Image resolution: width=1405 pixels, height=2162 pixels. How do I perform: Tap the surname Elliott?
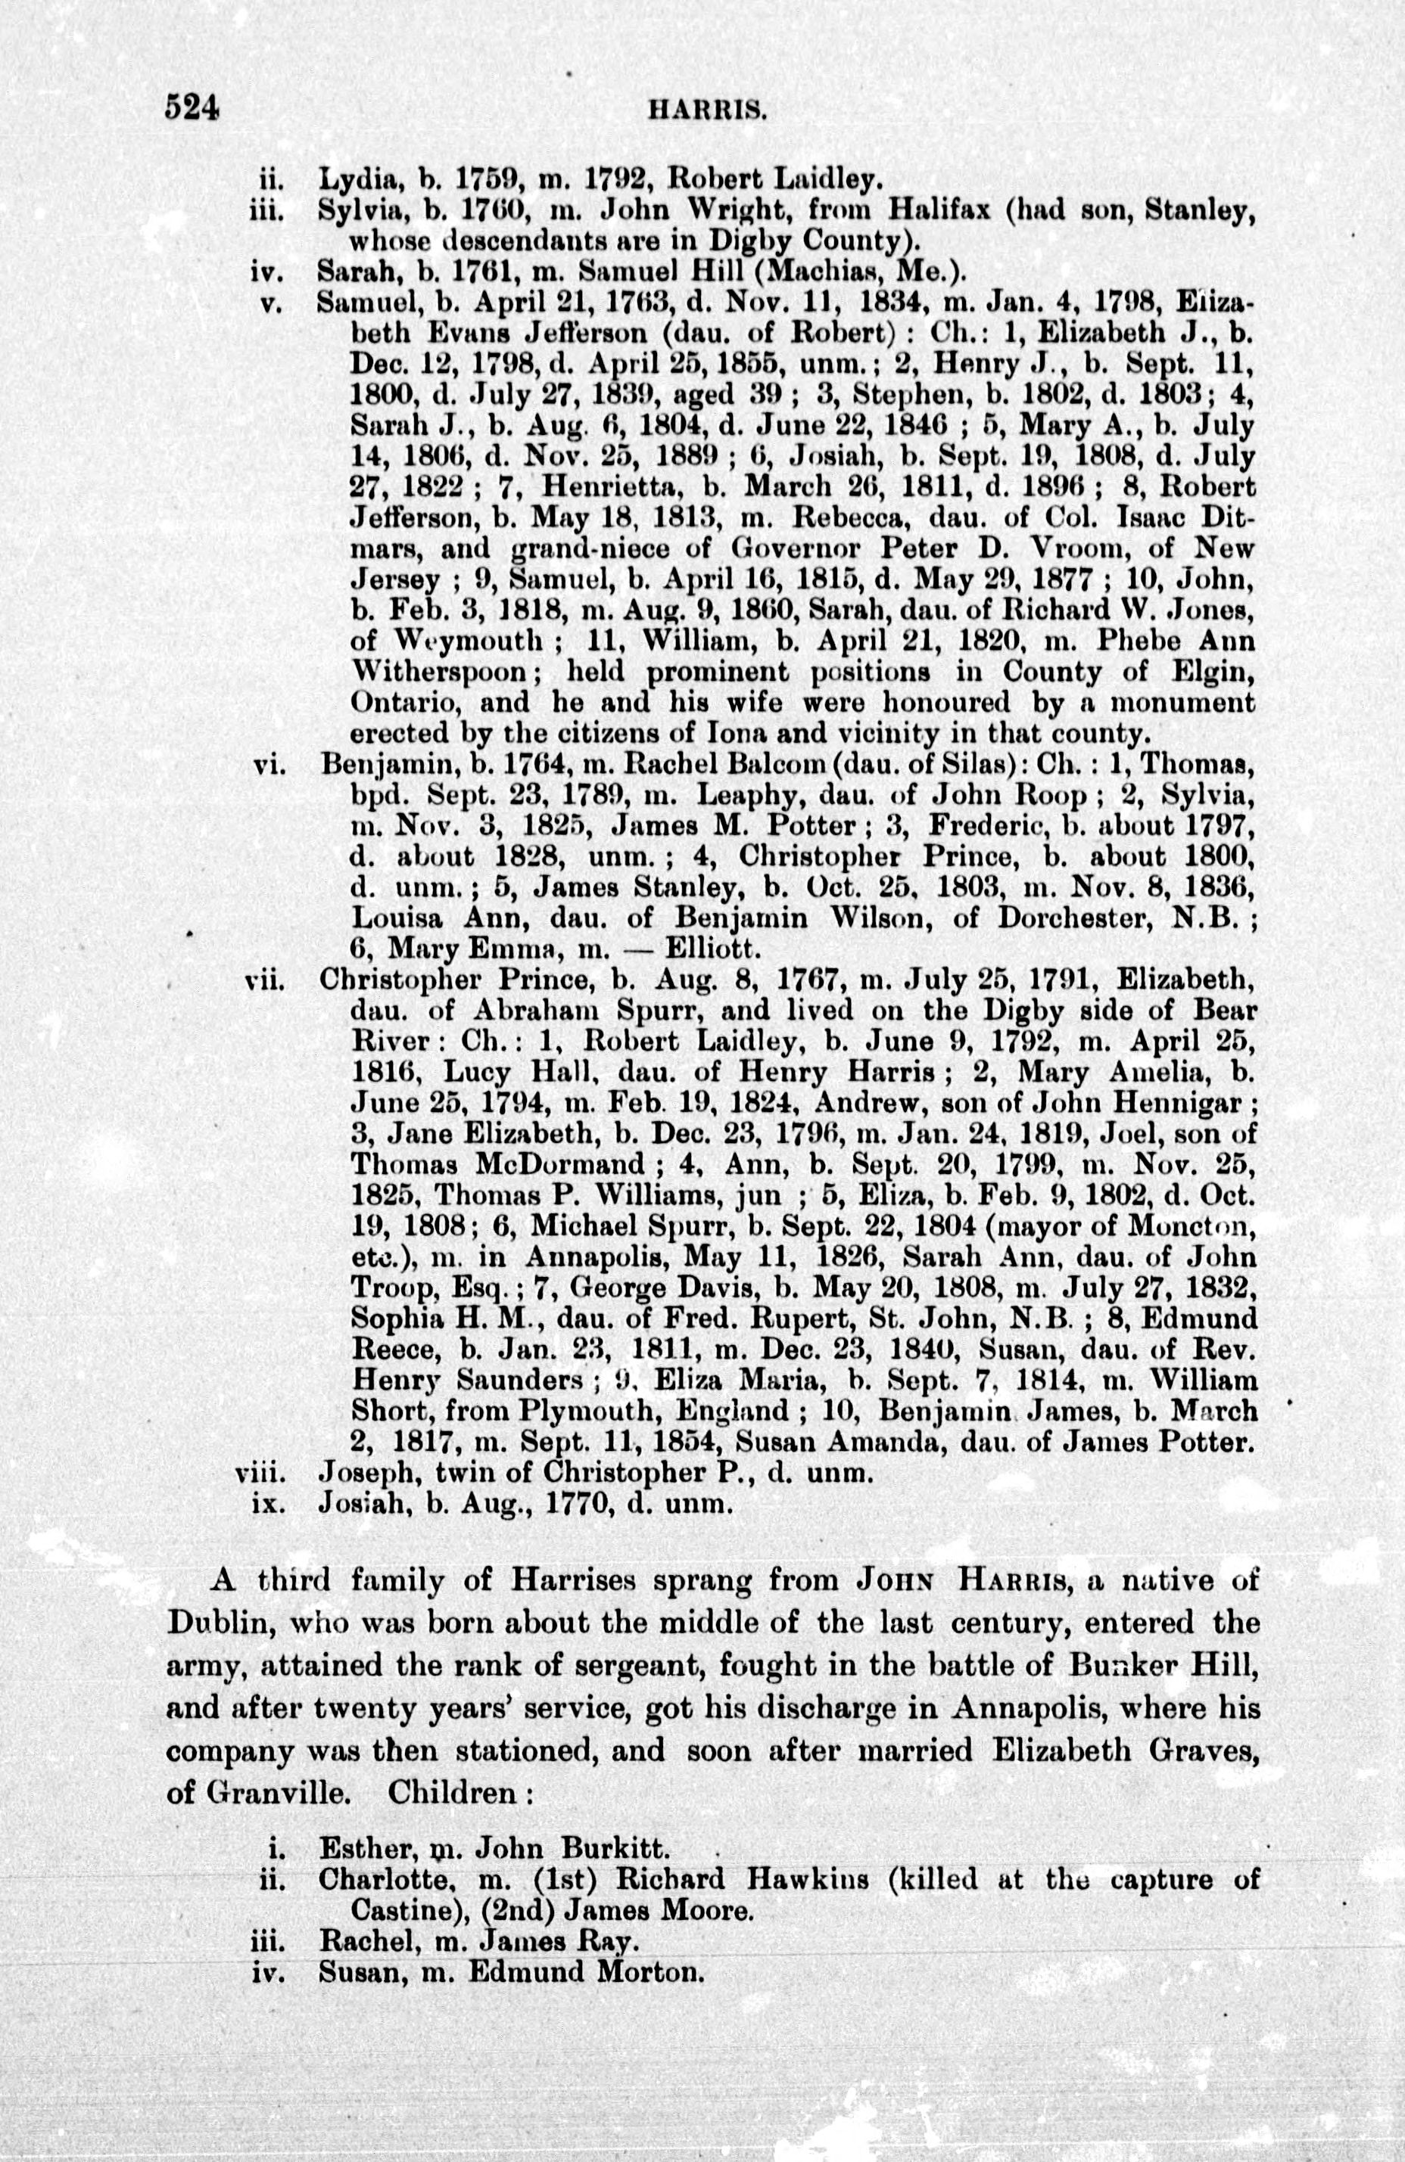(712, 950)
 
